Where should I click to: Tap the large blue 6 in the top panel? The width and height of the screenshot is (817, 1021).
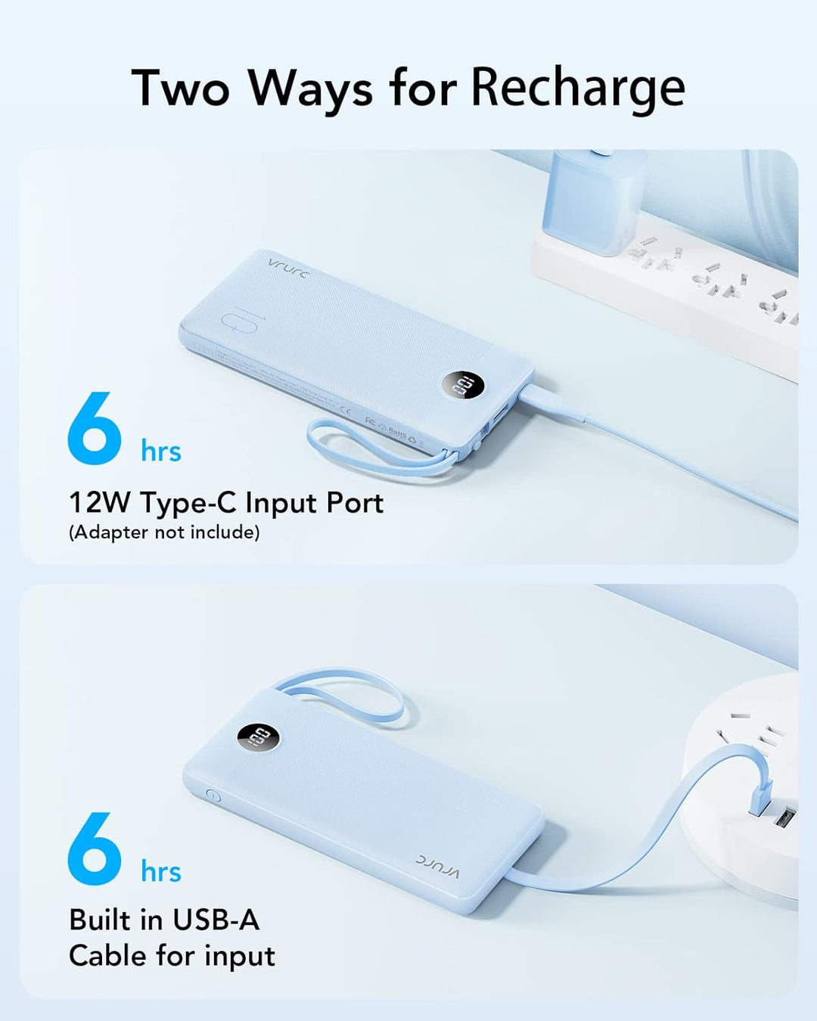point(95,428)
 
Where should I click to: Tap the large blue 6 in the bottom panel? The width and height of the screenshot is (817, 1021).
point(95,849)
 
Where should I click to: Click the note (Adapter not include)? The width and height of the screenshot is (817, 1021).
point(164,532)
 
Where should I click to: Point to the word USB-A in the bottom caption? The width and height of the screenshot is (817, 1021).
point(216,920)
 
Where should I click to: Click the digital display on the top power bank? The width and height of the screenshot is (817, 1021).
point(461,386)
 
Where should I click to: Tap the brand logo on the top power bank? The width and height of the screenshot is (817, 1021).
point(288,268)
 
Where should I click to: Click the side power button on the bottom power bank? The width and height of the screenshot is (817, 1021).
point(213,796)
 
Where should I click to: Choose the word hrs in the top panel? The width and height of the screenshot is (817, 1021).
point(161,452)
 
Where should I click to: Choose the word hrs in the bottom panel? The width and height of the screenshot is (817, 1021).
point(161,871)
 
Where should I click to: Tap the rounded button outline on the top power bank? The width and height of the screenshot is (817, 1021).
point(241,323)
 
